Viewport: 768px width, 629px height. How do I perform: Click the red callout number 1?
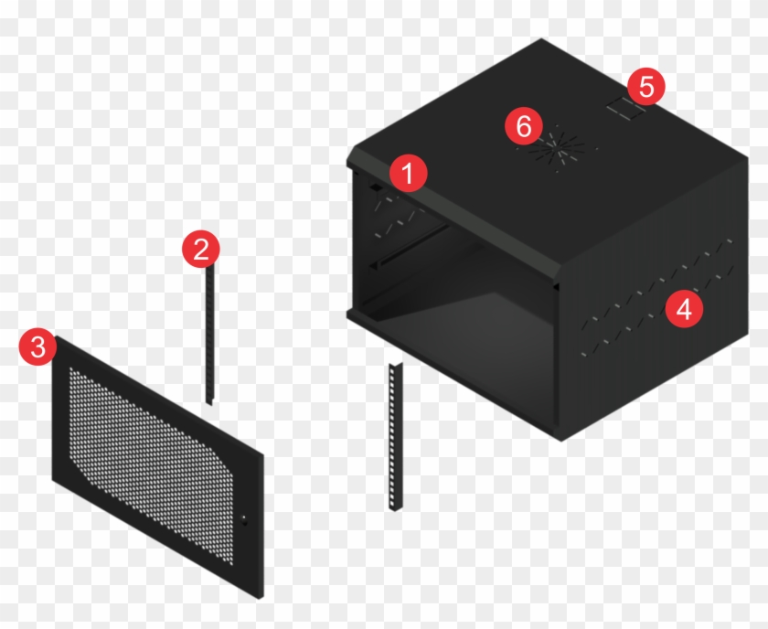(x=408, y=172)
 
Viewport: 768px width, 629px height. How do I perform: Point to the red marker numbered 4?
(x=684, y=309)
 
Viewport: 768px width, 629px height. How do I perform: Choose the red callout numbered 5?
(x=646, y=87)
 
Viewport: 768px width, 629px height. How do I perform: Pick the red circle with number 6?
(x=524, y=126)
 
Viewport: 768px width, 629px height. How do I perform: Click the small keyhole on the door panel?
(x=245, y=522)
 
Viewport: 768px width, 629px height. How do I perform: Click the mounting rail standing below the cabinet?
(x=395, y=439)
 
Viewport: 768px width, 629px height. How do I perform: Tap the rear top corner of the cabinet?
(x=541, y=40)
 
